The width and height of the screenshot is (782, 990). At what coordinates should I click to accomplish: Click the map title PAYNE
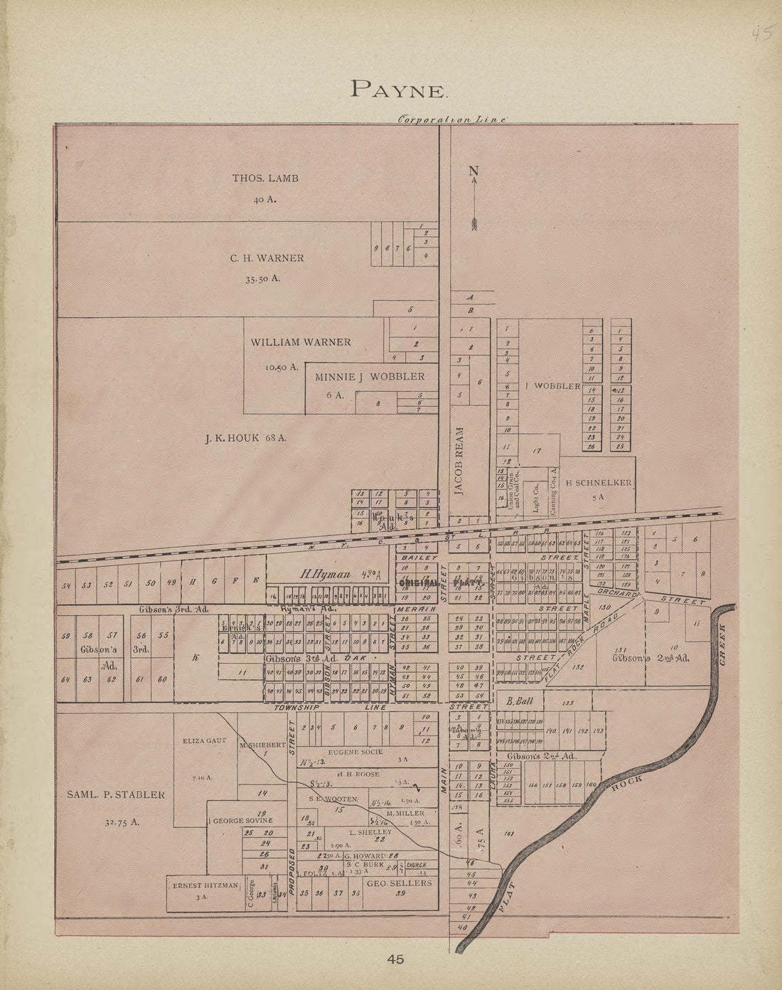tap(398, 89)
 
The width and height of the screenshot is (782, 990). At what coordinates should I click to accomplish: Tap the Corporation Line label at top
tap(451, 120)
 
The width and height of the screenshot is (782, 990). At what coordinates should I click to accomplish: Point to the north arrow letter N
tap(473, 171)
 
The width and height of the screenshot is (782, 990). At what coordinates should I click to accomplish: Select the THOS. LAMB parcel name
tap(265, 178)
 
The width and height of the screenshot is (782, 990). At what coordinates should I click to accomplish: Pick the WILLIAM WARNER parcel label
tap(300, 342)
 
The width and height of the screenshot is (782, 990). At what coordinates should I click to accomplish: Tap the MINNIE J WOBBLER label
tap(370, 376)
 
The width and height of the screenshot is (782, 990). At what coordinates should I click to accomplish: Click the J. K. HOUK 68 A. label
tap(241, 438)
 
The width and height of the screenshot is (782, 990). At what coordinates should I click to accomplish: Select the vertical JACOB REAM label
tap(460, 460)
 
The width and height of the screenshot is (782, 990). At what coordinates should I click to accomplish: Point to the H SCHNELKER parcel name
tap(598, 483)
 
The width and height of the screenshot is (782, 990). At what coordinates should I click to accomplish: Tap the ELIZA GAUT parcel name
tap(204, 740)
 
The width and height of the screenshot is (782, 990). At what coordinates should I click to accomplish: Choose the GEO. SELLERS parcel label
tap(399, 883)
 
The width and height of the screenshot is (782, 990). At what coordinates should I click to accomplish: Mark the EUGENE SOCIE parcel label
tap(355, 751)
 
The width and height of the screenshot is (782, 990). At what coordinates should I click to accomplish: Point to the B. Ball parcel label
tap(520, 701)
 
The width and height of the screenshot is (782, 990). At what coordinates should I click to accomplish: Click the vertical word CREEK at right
tap(723, 645)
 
